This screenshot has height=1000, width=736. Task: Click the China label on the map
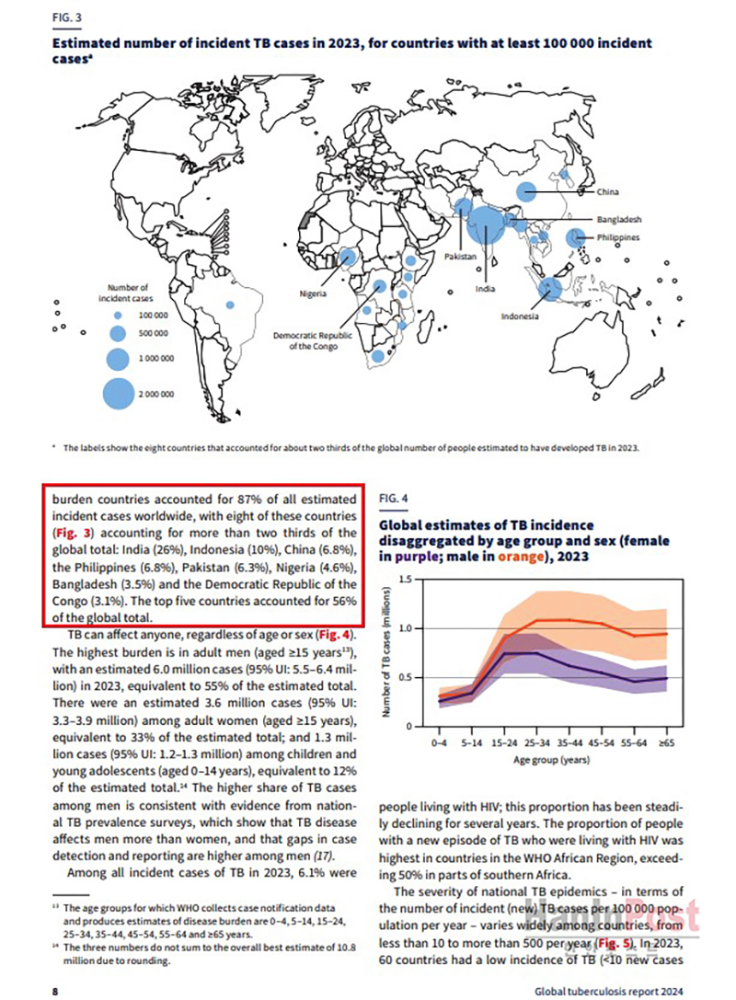[x=607, y=192]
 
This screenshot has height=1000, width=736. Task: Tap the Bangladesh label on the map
[x=618, y=221]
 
